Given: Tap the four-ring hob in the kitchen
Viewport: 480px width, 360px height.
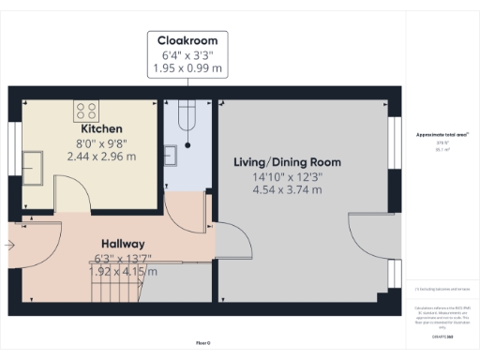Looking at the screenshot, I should point(87,109).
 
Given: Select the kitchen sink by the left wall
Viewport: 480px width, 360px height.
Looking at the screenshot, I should point(40,166).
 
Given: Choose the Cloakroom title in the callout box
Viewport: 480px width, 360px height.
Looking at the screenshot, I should point(187,41).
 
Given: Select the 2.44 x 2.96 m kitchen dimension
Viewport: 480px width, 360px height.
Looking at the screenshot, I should point(101,156).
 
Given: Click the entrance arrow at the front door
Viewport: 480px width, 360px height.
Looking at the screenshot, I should point(10,247).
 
